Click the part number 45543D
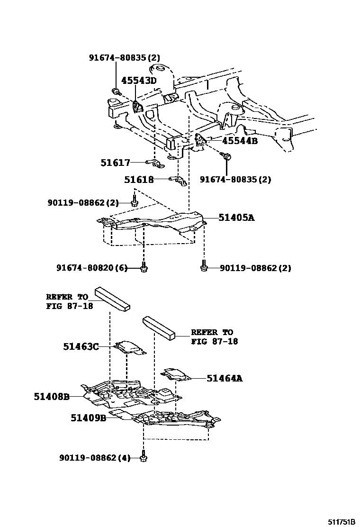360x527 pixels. pos(138,81)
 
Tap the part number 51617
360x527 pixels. pos(115,163)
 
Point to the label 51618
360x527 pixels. pos(139,180)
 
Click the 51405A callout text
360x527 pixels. pos(236,218)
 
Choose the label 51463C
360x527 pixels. pos(81,346)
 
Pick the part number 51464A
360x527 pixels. pos(225,378)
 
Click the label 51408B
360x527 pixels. pos(52,396)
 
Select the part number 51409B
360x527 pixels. pos(89,418)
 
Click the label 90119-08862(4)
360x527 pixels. pos(94,458)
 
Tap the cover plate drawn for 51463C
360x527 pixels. pos(129,347)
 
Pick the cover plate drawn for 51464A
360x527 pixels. pos(176,374)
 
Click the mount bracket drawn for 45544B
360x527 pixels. pos(200,141)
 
